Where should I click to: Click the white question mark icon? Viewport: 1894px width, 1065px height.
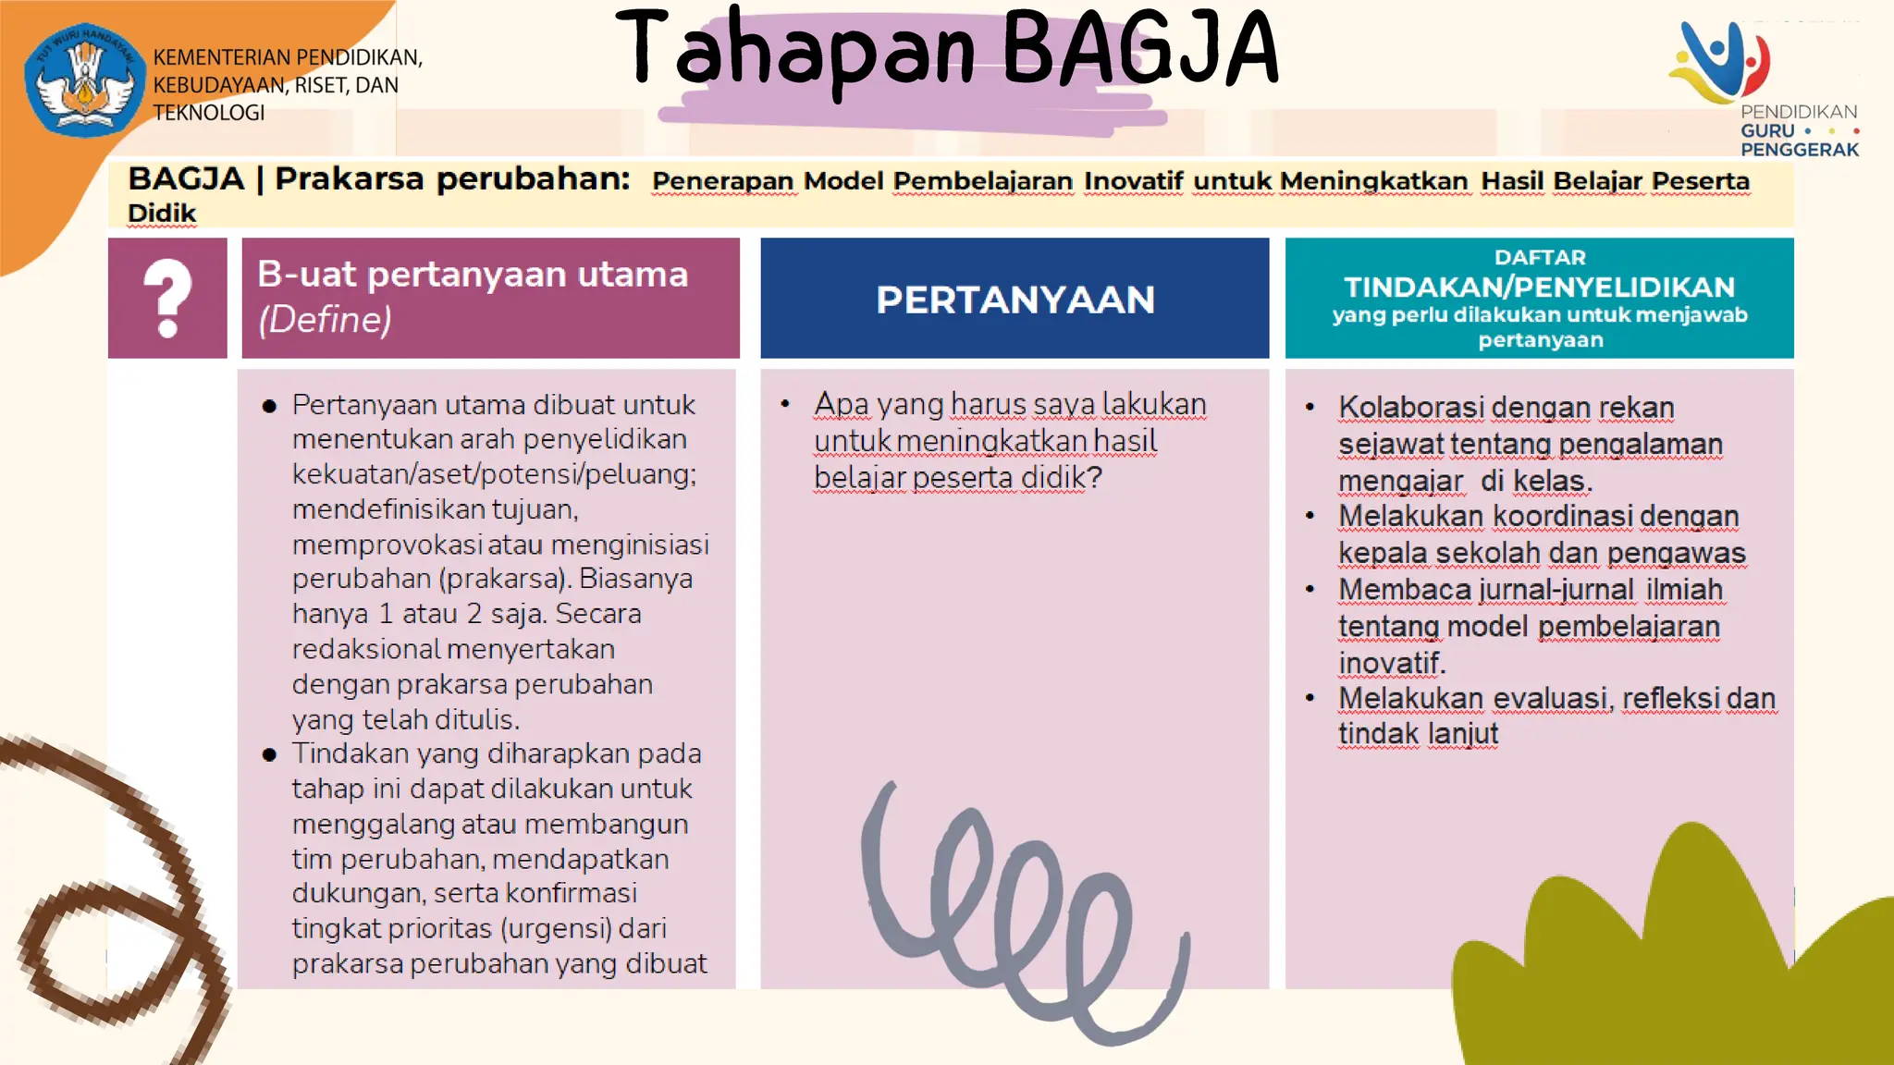[x=167, y=298]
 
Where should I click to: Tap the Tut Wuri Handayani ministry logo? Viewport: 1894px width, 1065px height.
[x=85, y=80]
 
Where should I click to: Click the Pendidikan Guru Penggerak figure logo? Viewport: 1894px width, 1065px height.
[x=1722, y=63]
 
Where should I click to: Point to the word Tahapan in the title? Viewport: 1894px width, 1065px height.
[x=796, y=50]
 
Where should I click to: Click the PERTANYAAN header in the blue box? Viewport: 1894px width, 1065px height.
[x=1015, y=300]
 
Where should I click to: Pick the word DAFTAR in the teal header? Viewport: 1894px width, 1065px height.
[x=1540, y=257]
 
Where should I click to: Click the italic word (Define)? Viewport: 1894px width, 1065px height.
[x=325, y=320]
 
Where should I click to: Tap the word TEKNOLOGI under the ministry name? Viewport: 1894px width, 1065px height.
[x=209, y=113]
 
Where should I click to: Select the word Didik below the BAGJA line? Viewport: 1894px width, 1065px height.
[x=162, y=214]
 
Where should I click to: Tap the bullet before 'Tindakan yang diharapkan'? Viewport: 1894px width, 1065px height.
[x=269, y=754]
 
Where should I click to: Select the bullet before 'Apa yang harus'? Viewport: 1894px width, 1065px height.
[x=785, y=404]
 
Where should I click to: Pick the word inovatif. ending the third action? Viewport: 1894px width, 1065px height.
[x=1392, y=663]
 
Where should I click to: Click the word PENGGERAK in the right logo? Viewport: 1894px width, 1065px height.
[x=1799, y=150]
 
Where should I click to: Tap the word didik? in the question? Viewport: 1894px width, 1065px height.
[x=1062, y=478]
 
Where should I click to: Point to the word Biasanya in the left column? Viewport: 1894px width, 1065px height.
[x=636, y=579]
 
